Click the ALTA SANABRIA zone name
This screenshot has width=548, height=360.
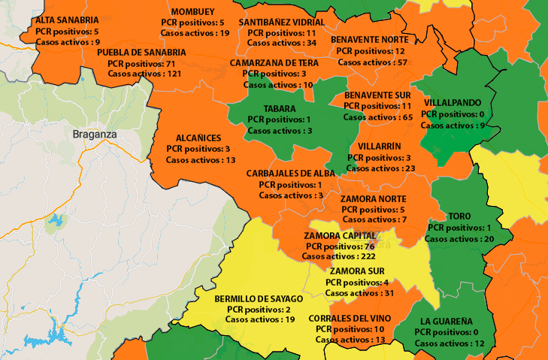click(67, 20)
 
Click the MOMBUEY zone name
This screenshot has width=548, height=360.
click(192, 12)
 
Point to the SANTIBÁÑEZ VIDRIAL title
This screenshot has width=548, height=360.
click(282, 23)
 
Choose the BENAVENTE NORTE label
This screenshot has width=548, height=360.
click(370, 39)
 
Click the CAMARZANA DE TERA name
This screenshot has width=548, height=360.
click(274, 63)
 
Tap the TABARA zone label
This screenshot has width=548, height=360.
click(279, 108)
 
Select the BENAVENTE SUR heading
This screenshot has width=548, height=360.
click(377, 95)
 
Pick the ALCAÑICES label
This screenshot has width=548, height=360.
click(198, 138)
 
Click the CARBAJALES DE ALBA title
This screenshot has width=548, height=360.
click(289, 174)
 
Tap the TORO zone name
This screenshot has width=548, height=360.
click(459, 216)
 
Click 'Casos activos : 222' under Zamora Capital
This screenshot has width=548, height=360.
click(339, 256)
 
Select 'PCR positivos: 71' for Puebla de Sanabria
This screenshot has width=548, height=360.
click(135, 64)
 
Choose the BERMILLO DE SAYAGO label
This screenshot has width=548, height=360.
click(259, 298)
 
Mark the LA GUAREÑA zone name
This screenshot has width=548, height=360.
click(446, 321)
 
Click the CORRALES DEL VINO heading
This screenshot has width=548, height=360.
click(350, 318)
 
